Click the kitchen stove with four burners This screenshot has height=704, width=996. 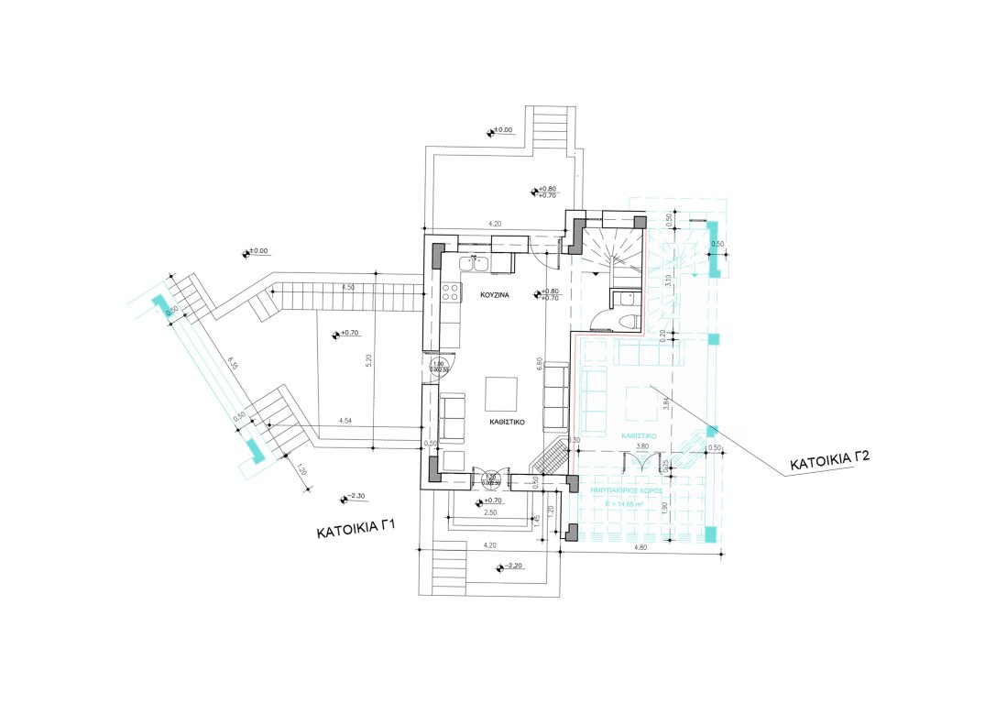coord(451,292)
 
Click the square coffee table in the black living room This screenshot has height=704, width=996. coord(500,393)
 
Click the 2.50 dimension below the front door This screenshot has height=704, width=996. coord(491,511)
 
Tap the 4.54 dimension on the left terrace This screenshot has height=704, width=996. coord(345,421)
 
